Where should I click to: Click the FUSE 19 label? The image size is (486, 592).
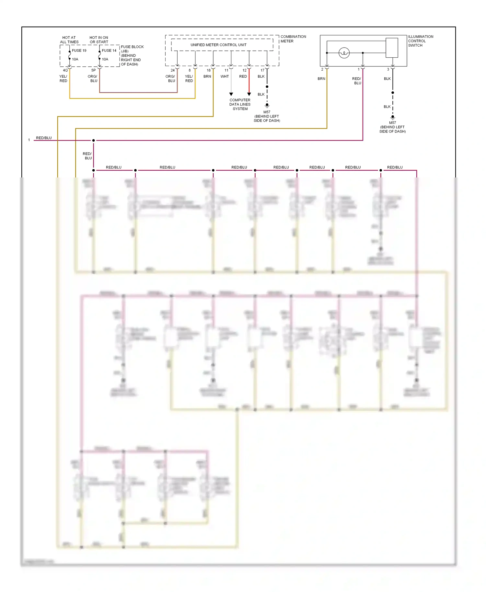79,51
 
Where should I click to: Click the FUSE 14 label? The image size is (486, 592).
109,51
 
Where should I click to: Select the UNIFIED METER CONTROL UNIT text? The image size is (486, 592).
218,45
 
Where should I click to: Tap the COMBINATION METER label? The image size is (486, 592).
293,39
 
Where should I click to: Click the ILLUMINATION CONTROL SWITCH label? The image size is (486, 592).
420,41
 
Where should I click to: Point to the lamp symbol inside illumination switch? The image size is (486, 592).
344,53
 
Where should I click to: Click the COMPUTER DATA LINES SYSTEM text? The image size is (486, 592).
240,104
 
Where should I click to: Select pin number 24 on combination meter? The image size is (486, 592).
173,70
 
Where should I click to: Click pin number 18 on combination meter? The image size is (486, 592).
209,70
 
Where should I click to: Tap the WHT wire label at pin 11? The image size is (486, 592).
225,76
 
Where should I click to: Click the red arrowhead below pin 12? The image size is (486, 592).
249,94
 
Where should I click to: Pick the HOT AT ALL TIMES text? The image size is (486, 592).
69,40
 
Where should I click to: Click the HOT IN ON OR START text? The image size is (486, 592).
99,40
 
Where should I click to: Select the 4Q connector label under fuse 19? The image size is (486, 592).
65,70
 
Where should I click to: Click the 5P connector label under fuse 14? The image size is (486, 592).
93,70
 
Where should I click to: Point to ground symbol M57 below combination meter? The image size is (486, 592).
267,105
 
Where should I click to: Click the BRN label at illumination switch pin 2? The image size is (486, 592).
321,79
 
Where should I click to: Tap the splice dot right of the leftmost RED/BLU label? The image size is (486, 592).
94,140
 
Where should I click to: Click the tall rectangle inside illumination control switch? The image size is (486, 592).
392,48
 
